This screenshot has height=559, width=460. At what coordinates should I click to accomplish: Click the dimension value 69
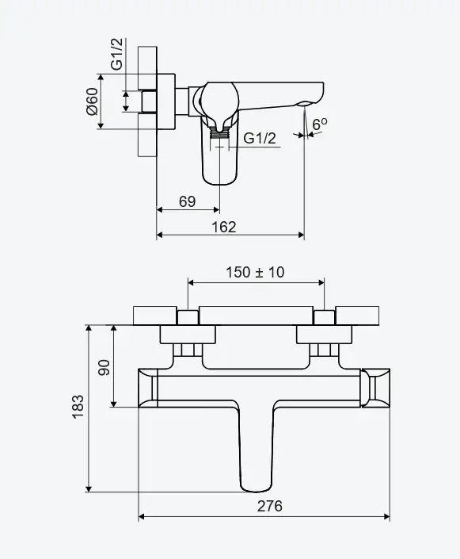[188, 201]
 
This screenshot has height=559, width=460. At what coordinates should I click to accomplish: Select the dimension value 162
[224, 227]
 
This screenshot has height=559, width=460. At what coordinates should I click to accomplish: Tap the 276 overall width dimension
[269, 506]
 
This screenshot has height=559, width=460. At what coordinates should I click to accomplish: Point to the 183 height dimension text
[78, 407]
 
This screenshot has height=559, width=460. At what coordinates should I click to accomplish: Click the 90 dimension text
[104, 367]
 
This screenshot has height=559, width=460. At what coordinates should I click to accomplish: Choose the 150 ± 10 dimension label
[255, 273]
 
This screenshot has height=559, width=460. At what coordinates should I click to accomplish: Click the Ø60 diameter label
[92, 101]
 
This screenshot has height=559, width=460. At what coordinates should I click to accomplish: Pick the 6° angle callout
[319, 124]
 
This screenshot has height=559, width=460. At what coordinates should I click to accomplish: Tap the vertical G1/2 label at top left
[116, 54]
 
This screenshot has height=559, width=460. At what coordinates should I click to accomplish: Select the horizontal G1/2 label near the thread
[260, 138]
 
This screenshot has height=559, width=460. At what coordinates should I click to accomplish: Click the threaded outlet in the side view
[219, 133]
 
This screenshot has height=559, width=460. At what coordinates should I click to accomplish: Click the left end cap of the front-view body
[148, 388]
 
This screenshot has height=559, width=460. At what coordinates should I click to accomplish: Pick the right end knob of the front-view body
[375, 388]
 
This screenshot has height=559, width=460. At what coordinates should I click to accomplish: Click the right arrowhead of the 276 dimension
[386, 516]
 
